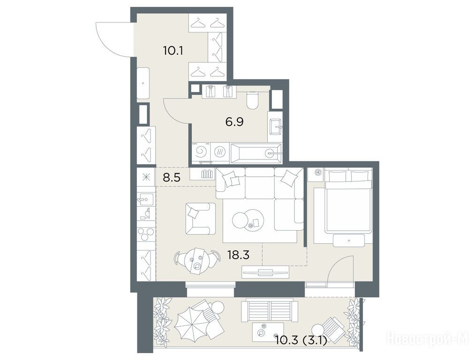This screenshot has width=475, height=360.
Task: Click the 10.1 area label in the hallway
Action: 173,51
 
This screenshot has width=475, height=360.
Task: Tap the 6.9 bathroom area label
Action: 234,122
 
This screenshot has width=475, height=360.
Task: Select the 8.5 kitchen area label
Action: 172,178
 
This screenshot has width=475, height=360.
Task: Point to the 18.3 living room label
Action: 238,255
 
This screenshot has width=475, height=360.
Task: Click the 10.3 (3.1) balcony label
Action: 301,341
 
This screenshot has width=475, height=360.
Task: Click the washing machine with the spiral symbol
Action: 201,152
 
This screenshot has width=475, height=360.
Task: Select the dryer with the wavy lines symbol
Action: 219,152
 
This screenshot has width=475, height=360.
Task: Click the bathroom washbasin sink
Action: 275,127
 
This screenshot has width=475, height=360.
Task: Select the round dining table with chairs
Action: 197,260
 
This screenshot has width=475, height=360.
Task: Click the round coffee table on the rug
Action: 248,219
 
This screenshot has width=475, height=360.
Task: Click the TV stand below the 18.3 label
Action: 265,271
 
